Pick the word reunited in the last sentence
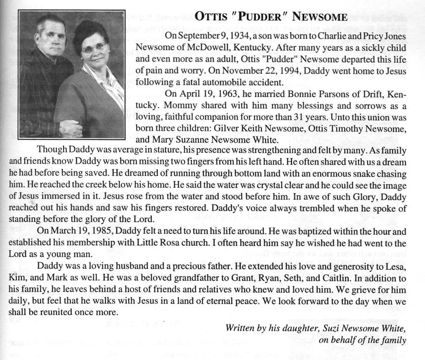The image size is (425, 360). [x=55, y=313]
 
